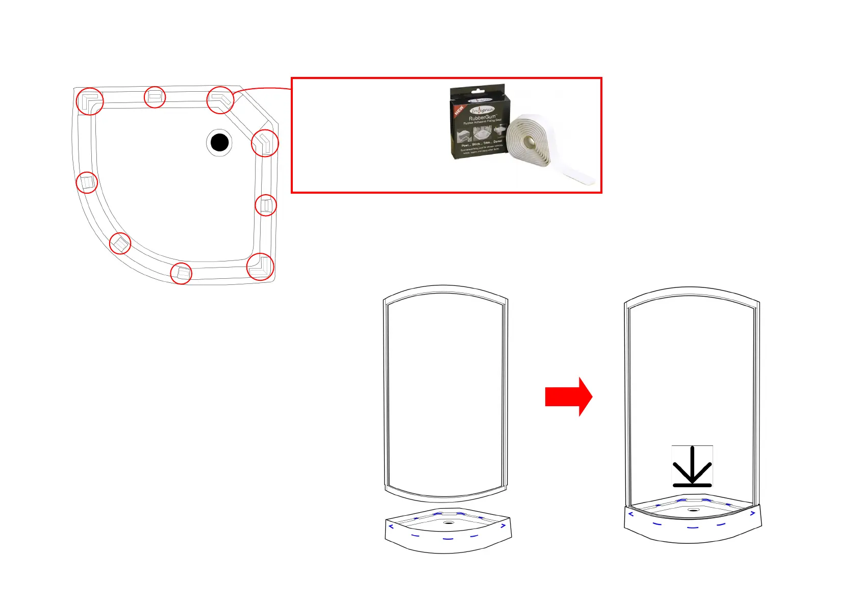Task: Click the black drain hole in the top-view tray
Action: pos(219,143)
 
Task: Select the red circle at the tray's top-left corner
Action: pos(90,101)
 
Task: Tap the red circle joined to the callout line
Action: pos(220,100)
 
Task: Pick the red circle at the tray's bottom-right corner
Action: pos(260,267)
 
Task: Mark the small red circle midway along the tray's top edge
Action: pos(155,97)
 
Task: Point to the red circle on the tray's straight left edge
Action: pos(87,182)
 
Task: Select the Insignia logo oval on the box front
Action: pos(482,110)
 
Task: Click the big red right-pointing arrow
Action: pos(568,397)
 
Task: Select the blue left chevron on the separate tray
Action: pos(391,526)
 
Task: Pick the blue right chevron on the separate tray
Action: pos(503,525)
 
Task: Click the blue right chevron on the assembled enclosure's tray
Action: pos(752,513)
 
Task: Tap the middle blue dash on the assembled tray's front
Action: pos(692,527)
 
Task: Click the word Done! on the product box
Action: pos(497,142)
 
